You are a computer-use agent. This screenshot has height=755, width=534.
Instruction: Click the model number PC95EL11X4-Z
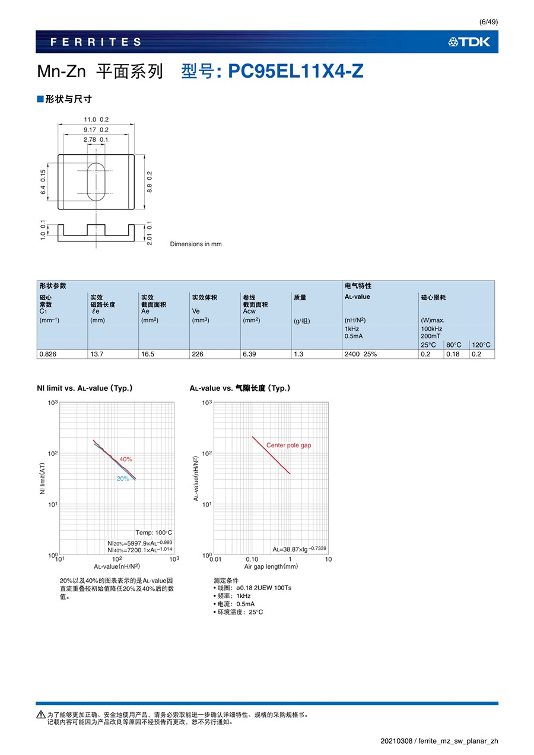(296, 72)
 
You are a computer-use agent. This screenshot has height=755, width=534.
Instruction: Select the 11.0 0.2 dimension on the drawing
(96, 120)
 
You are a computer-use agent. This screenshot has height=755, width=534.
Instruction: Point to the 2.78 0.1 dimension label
(96, 139)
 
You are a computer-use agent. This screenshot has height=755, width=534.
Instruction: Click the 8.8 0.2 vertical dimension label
(150, 181)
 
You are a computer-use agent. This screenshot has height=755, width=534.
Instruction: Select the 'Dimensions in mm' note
(196, 244)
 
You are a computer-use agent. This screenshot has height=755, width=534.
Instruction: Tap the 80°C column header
(454, 345)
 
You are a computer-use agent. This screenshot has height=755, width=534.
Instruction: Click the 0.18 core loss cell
(454, 354)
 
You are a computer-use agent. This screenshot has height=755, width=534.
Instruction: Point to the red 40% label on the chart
(126, 460)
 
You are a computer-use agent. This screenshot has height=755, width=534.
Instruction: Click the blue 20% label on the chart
(123, 479)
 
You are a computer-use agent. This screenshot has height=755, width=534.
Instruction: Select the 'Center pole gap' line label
(288, 445)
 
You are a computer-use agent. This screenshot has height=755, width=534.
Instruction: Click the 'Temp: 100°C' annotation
(154, 533)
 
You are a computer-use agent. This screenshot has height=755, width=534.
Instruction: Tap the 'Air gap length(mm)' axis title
(271, 566)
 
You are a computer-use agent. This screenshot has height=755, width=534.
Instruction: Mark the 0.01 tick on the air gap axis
(215, 559)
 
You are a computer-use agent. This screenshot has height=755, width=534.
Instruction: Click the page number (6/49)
(488, 22)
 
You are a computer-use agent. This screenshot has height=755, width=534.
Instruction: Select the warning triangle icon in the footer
(40, 715)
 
